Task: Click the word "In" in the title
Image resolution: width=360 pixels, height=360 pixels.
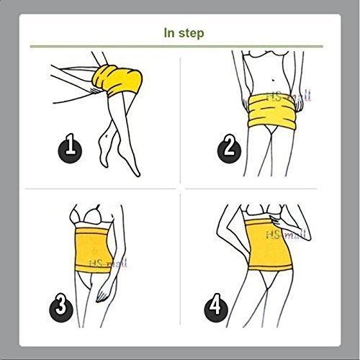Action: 169,33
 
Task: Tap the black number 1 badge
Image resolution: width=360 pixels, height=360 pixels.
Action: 69,149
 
